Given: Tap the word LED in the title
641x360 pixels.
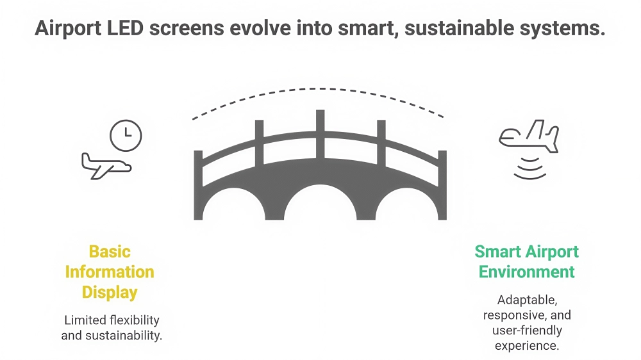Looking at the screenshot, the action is tap(125, 28).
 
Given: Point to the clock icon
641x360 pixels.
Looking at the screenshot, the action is tap(126, 136).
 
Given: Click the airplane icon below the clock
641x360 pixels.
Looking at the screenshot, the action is tap(106, 167).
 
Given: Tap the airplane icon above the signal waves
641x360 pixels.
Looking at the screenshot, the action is tap(529, 136).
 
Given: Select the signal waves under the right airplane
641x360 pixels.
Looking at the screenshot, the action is tap(530, 168).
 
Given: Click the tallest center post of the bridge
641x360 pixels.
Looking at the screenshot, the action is tap(320, 134).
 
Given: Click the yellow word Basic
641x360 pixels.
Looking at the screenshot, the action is tap(110, 252).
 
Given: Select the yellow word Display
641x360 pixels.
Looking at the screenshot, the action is tap(110, 293).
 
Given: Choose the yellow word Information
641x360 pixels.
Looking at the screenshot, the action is tap(110, 272).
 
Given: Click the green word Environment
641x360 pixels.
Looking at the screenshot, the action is tap(526, 272).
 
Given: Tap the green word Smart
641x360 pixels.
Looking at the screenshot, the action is tap(498, 252).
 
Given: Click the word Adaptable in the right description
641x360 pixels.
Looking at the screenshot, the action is tap(527, 300).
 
